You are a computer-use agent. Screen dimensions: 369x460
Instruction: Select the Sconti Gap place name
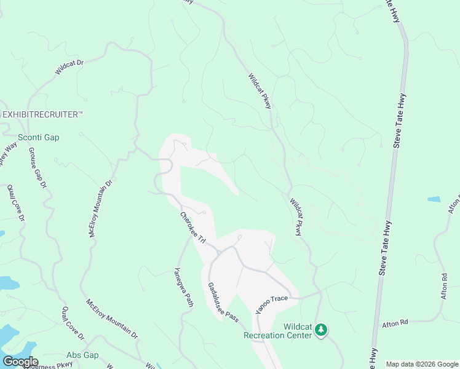[x=39, y=137]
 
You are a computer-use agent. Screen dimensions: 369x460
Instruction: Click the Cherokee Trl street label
[x=192, y=227]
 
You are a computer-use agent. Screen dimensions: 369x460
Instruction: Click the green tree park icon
[x=320, y=331]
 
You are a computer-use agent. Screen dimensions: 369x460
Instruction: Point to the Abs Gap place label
[x=82, y=355]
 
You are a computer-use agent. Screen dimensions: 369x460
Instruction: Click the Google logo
[x=20, y=362]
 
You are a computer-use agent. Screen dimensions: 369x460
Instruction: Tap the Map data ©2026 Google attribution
[x=421, y=364]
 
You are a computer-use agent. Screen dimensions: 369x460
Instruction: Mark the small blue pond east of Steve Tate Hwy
[x=434, y=200]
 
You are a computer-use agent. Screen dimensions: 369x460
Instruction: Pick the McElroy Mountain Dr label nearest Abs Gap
[x=112, y=319]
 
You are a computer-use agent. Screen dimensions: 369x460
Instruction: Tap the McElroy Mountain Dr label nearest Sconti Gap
[x=101, y=208]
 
